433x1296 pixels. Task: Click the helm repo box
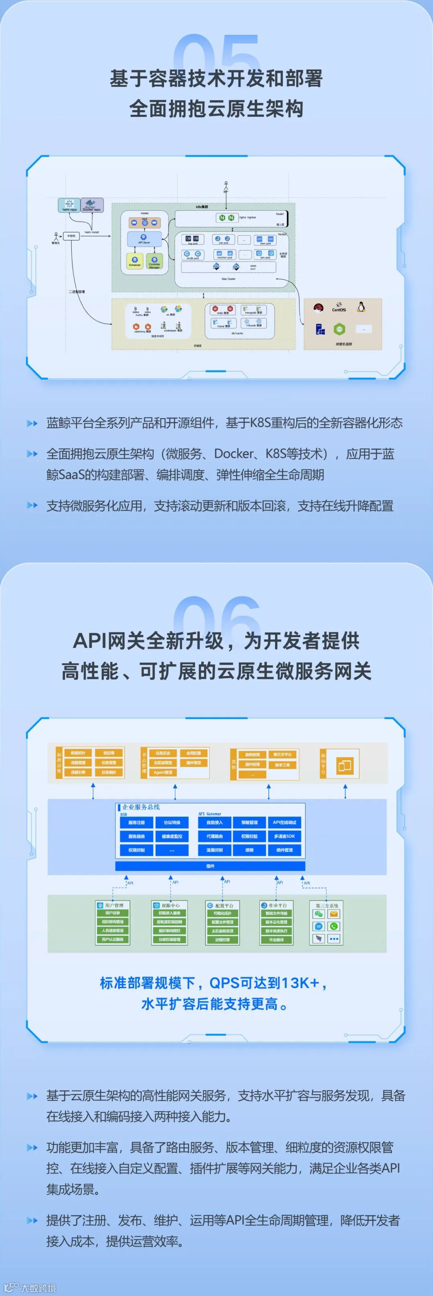point(69,205)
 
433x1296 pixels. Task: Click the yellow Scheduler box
point(135,261)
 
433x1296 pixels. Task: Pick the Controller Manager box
point(154,261)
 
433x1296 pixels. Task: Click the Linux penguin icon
point(360,307)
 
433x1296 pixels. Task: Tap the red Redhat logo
point(318,308)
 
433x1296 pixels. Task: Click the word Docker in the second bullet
point(233,454)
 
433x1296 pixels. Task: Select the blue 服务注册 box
point(136,823)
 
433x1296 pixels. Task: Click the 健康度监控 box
point(172,836)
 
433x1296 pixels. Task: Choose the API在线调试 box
point(285,823)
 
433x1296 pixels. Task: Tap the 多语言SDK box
point(285,836)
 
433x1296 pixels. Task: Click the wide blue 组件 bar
point(210,866)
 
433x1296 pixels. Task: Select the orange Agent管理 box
point(163,772)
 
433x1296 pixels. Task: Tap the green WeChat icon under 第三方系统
point(318,914)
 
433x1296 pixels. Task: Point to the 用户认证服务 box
point(113,939)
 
